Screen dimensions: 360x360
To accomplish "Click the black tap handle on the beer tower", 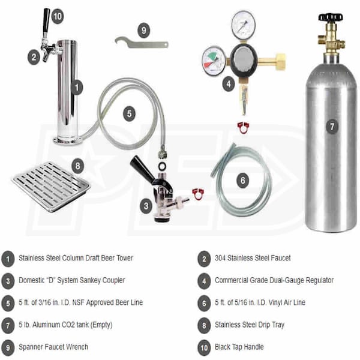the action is (x=46, y=22).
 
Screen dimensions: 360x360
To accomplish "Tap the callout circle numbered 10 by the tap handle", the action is (x=57, y=16).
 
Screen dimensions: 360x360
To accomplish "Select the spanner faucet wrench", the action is (x=142, y=43).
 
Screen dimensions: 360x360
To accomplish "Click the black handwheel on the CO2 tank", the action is (x=331, y=17).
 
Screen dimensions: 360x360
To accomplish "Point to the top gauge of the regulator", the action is (x=243, y=25).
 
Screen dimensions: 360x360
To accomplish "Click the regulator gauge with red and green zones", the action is (x=214, y=61).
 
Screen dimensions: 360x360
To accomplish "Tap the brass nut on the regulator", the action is (x=280, y=61).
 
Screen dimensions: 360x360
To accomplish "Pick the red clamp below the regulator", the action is (x=243, y=128).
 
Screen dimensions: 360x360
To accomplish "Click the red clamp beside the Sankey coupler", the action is (x=198, y=194).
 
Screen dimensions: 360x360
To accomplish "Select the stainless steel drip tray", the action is (x=51, y=185).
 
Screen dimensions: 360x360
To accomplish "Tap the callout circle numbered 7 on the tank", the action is (x=332, y=127).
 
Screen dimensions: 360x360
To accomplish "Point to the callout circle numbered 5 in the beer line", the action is (x=129, y=114).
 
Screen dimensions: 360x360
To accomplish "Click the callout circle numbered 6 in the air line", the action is (x=242, y=181).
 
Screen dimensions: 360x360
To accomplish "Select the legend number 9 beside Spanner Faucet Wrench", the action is (x=8, y=347).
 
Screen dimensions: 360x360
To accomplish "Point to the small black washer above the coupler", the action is (x=162, y=166).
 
